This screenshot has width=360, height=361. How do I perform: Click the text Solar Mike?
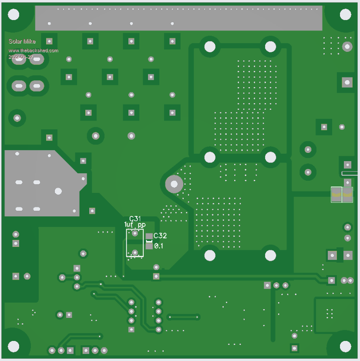coord(22,41)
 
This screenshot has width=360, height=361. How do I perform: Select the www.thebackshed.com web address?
coord(34,51)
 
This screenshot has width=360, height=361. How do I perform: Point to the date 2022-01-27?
coord(21,57)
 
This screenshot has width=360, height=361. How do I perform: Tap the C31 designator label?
coord(135,219)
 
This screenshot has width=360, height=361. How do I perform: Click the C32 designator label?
coord(160,236)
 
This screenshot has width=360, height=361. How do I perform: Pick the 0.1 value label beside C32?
coord(158,246)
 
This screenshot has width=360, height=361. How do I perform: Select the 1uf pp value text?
coord(135,224)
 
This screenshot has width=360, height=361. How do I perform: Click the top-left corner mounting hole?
coord(13,14)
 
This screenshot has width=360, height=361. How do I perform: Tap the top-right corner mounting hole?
coord(346,14)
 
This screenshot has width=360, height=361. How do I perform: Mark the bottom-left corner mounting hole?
coord(13,347)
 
